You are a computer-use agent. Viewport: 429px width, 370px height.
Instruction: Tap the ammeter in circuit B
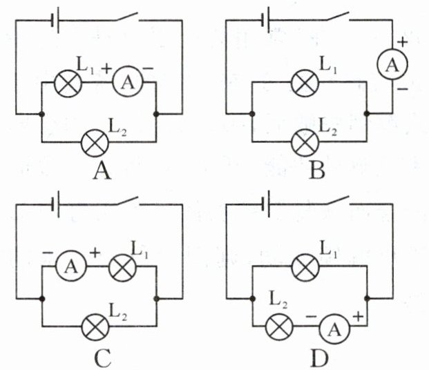(x=392, y=65)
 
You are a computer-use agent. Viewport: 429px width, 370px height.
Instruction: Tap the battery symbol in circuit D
(x=265, y=203)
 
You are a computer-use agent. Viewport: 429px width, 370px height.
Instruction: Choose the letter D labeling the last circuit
(x=312, y=358)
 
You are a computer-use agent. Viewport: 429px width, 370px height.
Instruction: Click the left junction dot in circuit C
(x=43, y=298)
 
